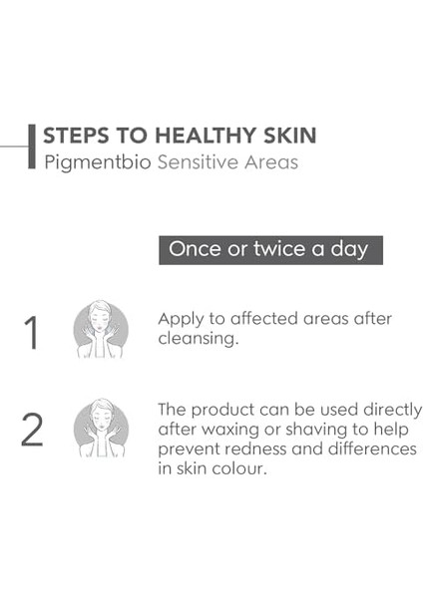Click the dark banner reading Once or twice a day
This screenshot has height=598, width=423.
[270, 249]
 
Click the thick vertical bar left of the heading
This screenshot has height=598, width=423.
[33, 148]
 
